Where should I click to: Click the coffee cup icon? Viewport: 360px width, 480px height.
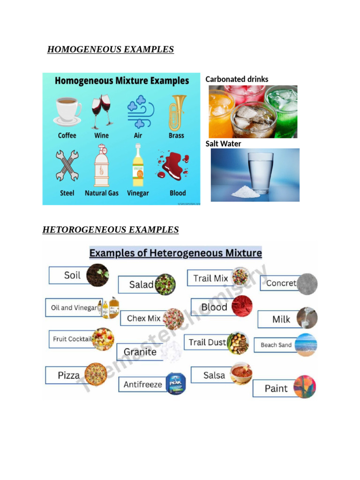tap(67, 111)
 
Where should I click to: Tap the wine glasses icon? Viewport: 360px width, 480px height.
tap(102, 111)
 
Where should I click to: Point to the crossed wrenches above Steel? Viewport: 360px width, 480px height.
tap(67, 165)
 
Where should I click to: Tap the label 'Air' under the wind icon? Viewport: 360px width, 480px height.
tap(139, 135)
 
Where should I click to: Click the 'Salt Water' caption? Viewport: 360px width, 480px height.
tap(223, 143)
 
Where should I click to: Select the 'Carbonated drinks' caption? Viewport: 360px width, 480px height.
tap(237, 79)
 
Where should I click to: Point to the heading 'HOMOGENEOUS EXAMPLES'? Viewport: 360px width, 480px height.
tap(111, 49)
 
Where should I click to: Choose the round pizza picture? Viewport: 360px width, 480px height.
tap(96, 375)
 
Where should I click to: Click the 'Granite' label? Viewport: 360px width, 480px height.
tap(140, 352)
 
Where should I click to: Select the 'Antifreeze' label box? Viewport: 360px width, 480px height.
tap(142, 384)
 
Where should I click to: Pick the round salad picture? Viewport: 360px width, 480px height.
tap(165, 284)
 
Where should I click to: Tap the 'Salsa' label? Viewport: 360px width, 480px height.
tap(214, 375)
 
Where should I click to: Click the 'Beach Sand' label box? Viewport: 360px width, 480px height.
tap(276, 345)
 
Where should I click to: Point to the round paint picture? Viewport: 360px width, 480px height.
tap(305, 387)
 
